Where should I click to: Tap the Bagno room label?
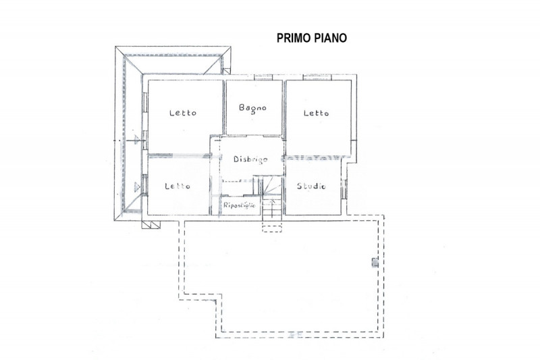252,108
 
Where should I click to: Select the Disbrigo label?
250,159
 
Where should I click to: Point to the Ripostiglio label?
240,205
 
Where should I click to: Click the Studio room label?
311,186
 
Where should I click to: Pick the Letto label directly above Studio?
316,113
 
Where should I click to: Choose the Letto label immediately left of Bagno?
183,113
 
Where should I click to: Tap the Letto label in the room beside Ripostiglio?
178,186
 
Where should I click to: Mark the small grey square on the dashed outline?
375,263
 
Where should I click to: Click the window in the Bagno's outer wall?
263,77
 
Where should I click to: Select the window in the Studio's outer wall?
344,189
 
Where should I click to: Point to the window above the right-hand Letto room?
317,77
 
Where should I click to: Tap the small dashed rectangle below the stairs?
272,227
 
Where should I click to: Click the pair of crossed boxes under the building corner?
151,225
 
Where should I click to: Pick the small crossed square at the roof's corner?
227,72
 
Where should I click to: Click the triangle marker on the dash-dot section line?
137,140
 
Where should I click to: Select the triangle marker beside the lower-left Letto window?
137,186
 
